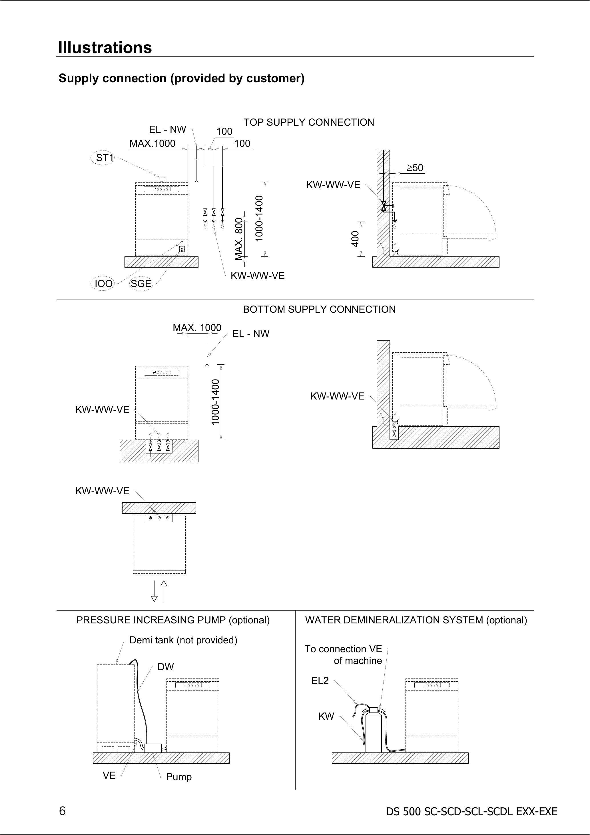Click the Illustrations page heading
coord(105,48)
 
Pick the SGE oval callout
coord(141,283)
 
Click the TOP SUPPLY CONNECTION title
coord(308,122)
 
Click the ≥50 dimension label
coord(415,168)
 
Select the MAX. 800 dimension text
coord(239,239)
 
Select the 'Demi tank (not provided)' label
coord(183,640)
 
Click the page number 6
coord(62,811)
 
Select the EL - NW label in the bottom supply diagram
coord(251,334)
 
